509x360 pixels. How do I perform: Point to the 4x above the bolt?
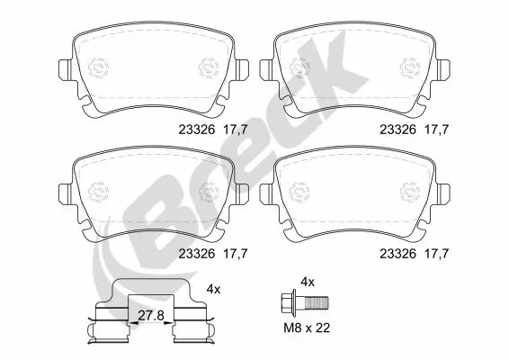coord(307,282)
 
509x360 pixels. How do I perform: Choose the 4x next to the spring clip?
coord(213,289)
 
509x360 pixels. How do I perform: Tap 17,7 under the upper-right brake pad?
coord(436,129)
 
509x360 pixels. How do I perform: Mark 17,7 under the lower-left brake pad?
coord(235,255)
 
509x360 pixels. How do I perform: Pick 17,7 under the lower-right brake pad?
coord(436,255)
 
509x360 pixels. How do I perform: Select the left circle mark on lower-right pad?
coord(299,193)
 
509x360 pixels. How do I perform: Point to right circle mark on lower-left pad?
coord(210,193)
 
